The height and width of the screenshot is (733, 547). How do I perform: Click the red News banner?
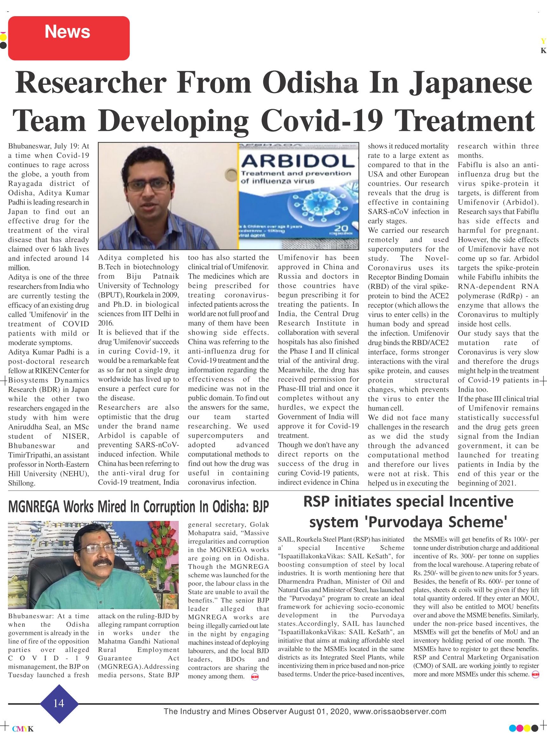click(x=69, y=38)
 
